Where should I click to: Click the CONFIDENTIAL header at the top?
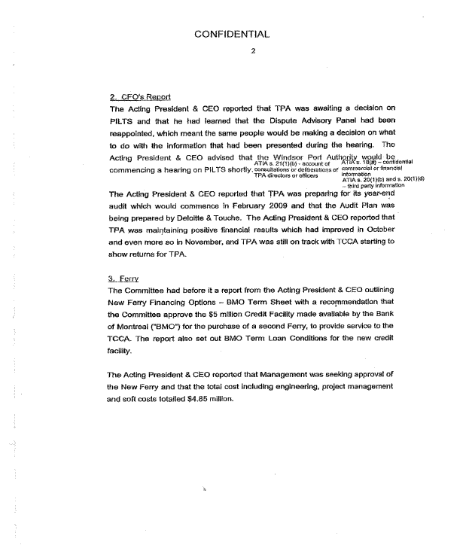point(231,34)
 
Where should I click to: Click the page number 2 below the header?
point(233,51)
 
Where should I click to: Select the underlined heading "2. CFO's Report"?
point(140,97)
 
